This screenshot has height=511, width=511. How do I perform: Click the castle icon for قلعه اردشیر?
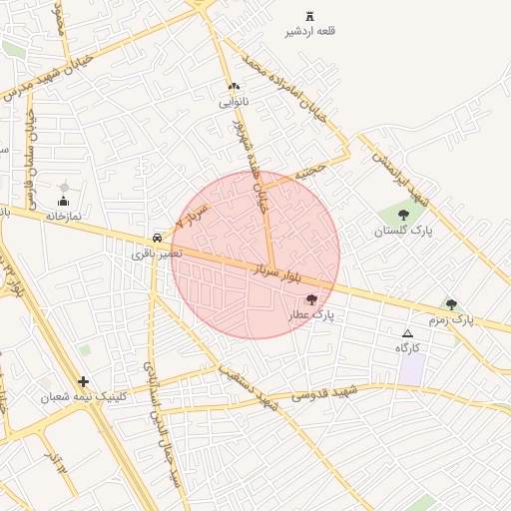tap(309, 16)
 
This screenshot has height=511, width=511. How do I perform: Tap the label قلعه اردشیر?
tap(310, 32)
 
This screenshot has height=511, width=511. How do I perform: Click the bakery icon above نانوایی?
tap(234, 87)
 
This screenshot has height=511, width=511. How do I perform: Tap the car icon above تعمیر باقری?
tap(158, 238)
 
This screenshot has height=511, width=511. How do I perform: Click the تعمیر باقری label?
tap(158, 254)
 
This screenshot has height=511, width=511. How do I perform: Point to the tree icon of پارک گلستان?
tap(403, 215)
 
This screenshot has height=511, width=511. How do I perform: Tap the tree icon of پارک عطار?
tap(311, 299)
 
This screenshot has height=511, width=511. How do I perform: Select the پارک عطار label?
tap(311, 315)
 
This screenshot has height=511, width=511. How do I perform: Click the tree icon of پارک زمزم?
tap(451, 304)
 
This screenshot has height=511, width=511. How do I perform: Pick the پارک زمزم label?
tap(451, 320)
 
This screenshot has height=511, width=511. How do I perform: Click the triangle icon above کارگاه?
tap(406, 333)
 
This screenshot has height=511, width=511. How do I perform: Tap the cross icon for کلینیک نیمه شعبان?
tap(83, 380)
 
